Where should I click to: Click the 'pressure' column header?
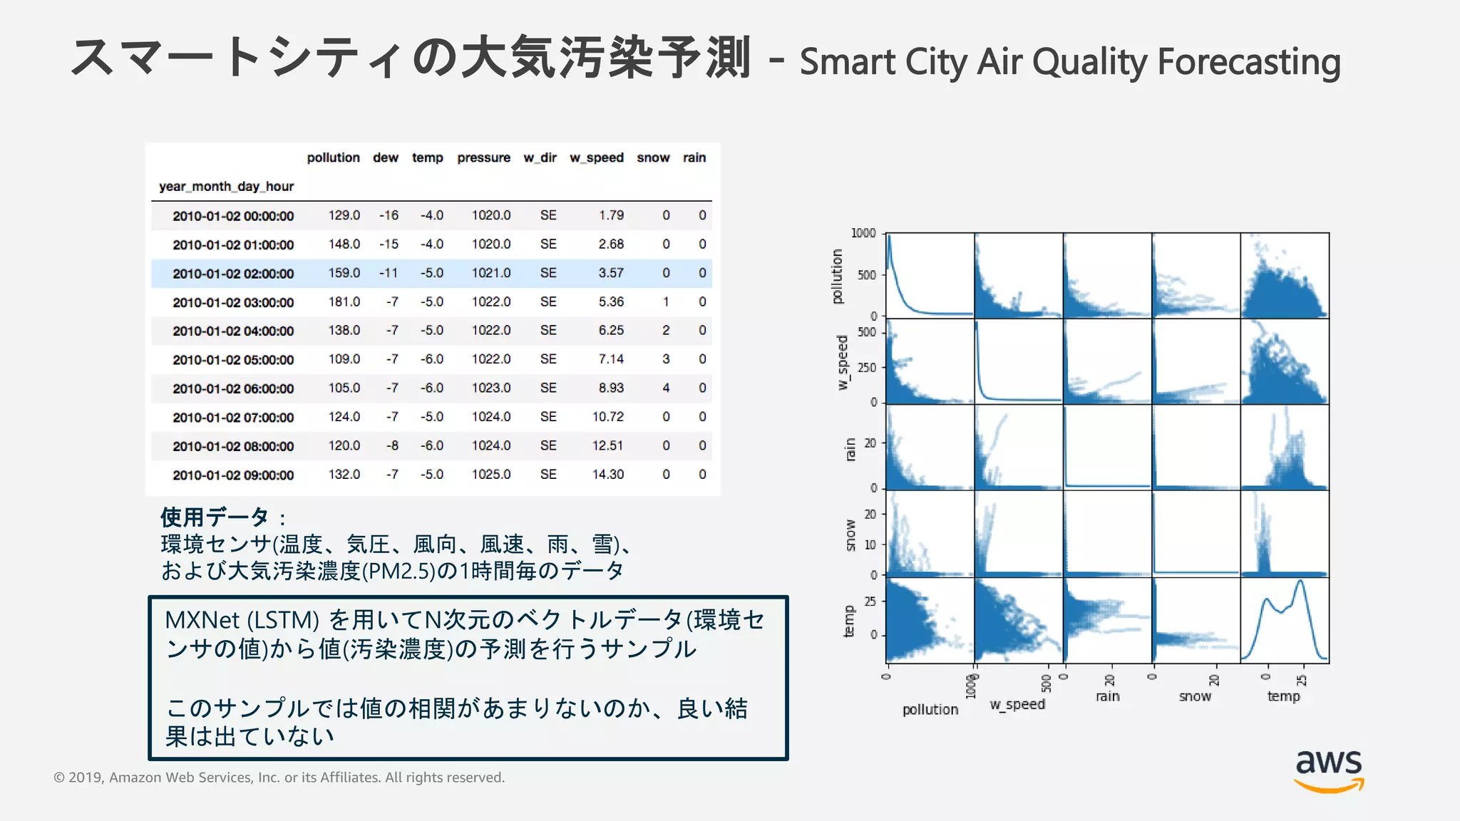pyautogui.click(x=483, y=158)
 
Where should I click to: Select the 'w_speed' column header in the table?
pyautogui.click(x=596, y=158)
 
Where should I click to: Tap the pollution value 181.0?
pyautogui.click(x=344, y=301)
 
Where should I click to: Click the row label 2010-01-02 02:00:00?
pyautogui.click(x=233, y=274)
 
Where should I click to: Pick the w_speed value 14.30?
pyautogui.click(x=607, y=475)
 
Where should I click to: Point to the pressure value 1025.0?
pyautogui.click(x=490, y=475)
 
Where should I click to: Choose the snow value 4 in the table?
pyautogui.click(x=666, y=388)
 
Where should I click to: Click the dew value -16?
pyautogui.click(x=389, y=215)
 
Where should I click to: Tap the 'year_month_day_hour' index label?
pyautogui.click(x=226, y=187)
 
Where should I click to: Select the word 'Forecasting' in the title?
pyautogui.click(x=1249, y=62)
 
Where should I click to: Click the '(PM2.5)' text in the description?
pyautogui.click(x=399, y=571)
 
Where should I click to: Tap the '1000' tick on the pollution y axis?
pyautogui.click(x=863, y=233)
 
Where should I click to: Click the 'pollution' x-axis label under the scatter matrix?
pyautogui.click(x=930, y=710)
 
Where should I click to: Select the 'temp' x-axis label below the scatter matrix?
pyautogui.click(x=1283, y=696)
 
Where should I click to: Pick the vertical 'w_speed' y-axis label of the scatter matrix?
pyautogui.click(x=843, y=362)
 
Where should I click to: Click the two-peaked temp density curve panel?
pyautogui.click(x=1284, y=620)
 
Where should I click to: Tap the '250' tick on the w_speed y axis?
pyautogui.click(x=867, y=368)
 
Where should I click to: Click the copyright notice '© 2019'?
pyautogui.click(x=79, y=778)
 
